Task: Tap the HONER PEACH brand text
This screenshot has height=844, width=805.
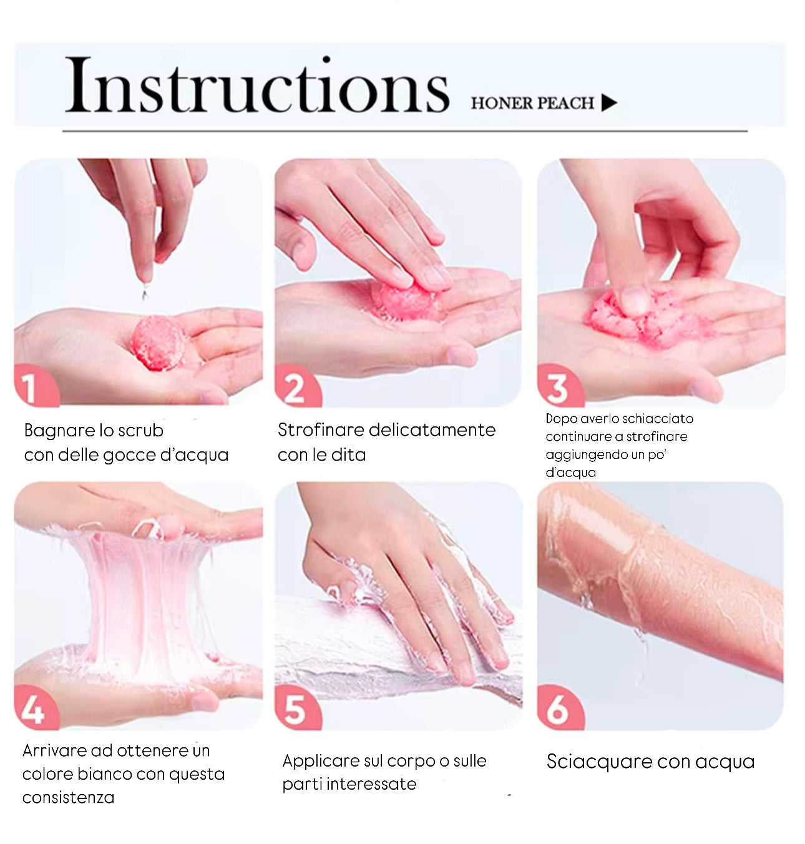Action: [x=532, y=104]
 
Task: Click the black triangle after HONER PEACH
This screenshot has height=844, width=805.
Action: [x=609, y=103]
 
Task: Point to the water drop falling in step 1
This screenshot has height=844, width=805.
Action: [x=145, y=293]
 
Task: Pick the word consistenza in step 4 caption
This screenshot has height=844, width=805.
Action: [x=69, y=798]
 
